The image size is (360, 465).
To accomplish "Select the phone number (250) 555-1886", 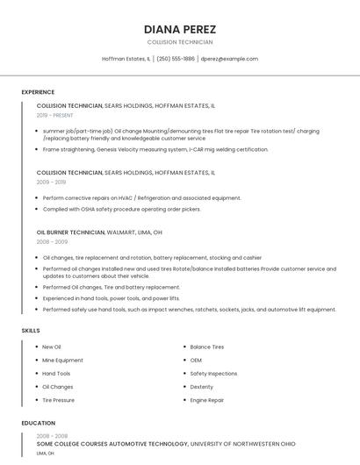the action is click(176, 59).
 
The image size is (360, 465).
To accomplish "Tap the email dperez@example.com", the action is click(229, 59).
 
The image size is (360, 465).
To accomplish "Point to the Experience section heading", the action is click(38, 92).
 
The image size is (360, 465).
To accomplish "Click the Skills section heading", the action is click(31, 330).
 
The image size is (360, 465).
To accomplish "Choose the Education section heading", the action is click(38, 423).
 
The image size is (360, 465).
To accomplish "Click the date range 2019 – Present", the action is click(55, 115).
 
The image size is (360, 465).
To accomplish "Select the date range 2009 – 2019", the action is click(51, 182).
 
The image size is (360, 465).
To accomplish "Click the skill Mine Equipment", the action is click(62, 360).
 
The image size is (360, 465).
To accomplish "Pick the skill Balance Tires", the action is click(206, 347).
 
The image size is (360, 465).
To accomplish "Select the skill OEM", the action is click(196, 360).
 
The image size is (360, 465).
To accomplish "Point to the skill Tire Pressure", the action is click(58, 400).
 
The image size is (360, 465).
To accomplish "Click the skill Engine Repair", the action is click(206, 400).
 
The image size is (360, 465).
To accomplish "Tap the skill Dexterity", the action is click(201, 387).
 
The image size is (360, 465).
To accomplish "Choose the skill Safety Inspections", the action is click(213, 373).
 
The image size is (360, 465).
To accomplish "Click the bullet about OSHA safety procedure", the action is click(121, 210).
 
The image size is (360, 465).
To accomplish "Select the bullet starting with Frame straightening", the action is click(155, 149).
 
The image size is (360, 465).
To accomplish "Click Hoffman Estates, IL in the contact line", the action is click(126, 59).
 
